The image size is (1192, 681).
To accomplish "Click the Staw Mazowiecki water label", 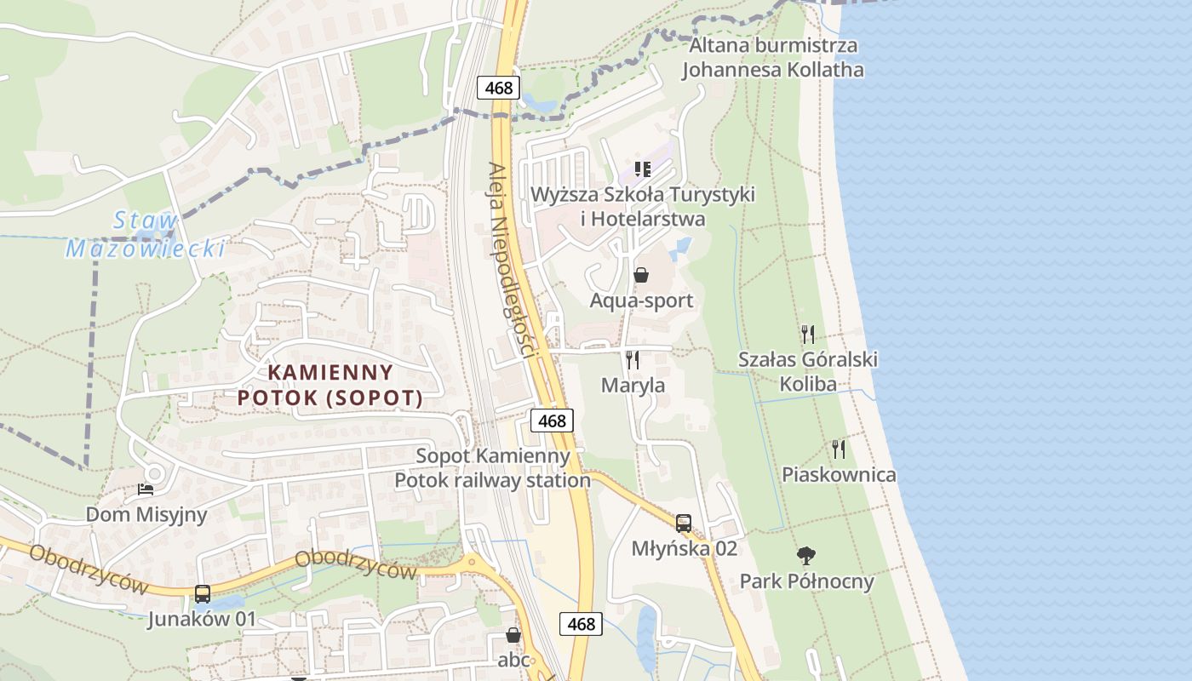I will click(146, 235).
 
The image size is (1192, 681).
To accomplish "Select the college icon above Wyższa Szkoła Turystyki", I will click(642, 169).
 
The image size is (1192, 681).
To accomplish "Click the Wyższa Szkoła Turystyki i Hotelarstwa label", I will click(642, 206).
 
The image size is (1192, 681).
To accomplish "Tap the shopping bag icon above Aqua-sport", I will click(641, 275).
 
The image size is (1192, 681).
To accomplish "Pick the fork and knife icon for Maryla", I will click(633, 359).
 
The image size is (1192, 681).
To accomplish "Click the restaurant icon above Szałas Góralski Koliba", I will click(807, 334).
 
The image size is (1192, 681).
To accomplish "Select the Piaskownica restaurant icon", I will click(839, 449).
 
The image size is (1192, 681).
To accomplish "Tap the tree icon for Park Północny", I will click(805, 556).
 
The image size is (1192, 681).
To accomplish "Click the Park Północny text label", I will click(806, 581).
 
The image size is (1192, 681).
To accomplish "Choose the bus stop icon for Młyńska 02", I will click(683, 523).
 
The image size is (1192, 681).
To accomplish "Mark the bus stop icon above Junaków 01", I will click(202, 593).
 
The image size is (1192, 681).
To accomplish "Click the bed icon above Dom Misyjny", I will click(146, 489).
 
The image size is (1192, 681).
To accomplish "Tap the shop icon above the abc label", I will click(513, 634).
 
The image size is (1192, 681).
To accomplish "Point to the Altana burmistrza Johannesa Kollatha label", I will click(772, 57).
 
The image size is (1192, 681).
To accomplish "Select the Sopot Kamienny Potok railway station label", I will click(492, 467).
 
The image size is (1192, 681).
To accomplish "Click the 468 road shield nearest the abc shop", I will click(581, 623).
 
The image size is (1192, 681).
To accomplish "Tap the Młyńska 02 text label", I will click(684, 548).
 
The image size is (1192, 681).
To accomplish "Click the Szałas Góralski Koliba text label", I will click(807, 371).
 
